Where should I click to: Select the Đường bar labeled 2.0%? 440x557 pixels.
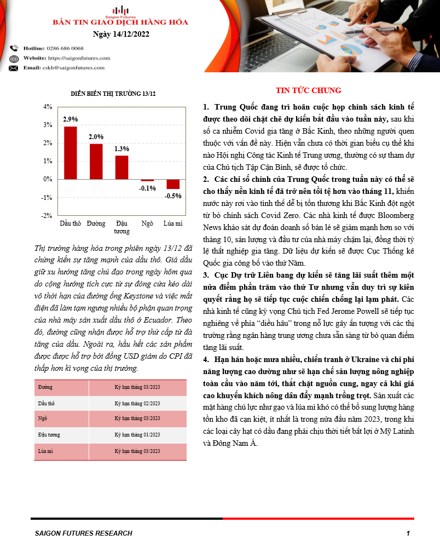pos(96,162)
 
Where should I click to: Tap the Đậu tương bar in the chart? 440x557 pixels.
pos(121,168)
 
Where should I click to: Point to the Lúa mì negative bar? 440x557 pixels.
pos(173,184)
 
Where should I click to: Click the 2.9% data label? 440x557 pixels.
pos(70,119)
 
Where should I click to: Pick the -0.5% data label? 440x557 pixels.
pos(173,196)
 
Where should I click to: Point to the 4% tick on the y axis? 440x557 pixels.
pos(48,107)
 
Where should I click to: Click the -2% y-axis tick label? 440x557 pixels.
pos(47,215)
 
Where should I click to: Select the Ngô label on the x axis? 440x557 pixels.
pos(147,224)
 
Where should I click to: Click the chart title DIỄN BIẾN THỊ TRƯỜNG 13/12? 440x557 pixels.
pos(113,94)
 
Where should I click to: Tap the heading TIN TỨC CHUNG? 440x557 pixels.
pos(308,90)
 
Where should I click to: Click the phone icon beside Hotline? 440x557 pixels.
pos(14,49)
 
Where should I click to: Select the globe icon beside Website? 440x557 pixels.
pos(14,58)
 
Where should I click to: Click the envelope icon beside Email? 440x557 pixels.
pos(14,68)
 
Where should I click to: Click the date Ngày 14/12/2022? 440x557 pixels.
pos(120,34)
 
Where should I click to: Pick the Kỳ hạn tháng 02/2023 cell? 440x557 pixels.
pos(137,403)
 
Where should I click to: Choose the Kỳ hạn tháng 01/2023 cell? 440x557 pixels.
pos(137,434)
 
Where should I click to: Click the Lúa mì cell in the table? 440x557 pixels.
pos(45,451)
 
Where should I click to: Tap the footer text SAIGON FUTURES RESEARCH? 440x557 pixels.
pos(83,533)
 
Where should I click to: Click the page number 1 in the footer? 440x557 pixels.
pos(408,533)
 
